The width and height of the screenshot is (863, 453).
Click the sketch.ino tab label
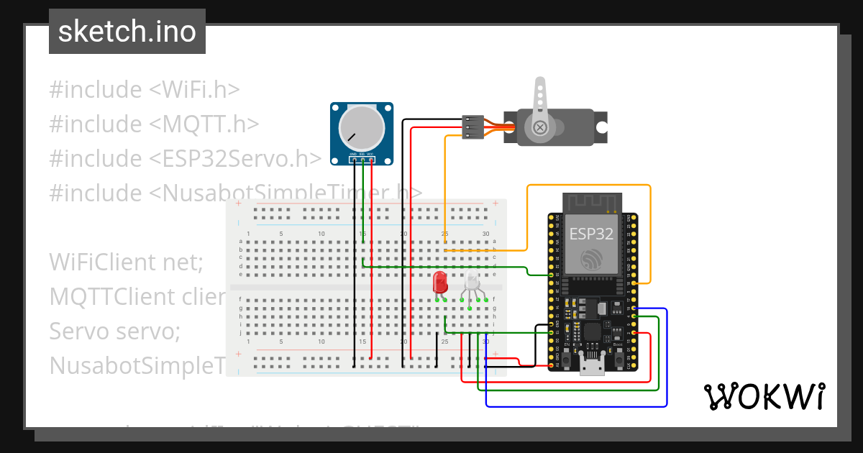pos(127,32)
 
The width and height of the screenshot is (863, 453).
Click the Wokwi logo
pos(763,396)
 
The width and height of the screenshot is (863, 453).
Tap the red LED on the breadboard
pos(440,282)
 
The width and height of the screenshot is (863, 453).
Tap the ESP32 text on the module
pos(591,234)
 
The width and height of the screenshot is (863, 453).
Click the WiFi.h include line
pos(145,90)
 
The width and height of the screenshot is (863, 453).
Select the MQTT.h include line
pos(154,124)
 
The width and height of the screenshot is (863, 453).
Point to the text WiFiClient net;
pos(127,262)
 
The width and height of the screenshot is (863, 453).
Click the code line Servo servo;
pos(114,331)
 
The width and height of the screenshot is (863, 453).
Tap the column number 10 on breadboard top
pos(321,234)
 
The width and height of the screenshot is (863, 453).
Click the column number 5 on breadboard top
pos(281,234)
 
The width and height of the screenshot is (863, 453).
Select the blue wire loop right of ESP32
pos(667,360)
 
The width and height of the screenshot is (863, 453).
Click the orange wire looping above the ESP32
pos(590,186)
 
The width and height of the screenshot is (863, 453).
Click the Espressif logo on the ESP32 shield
pos(591,260)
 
